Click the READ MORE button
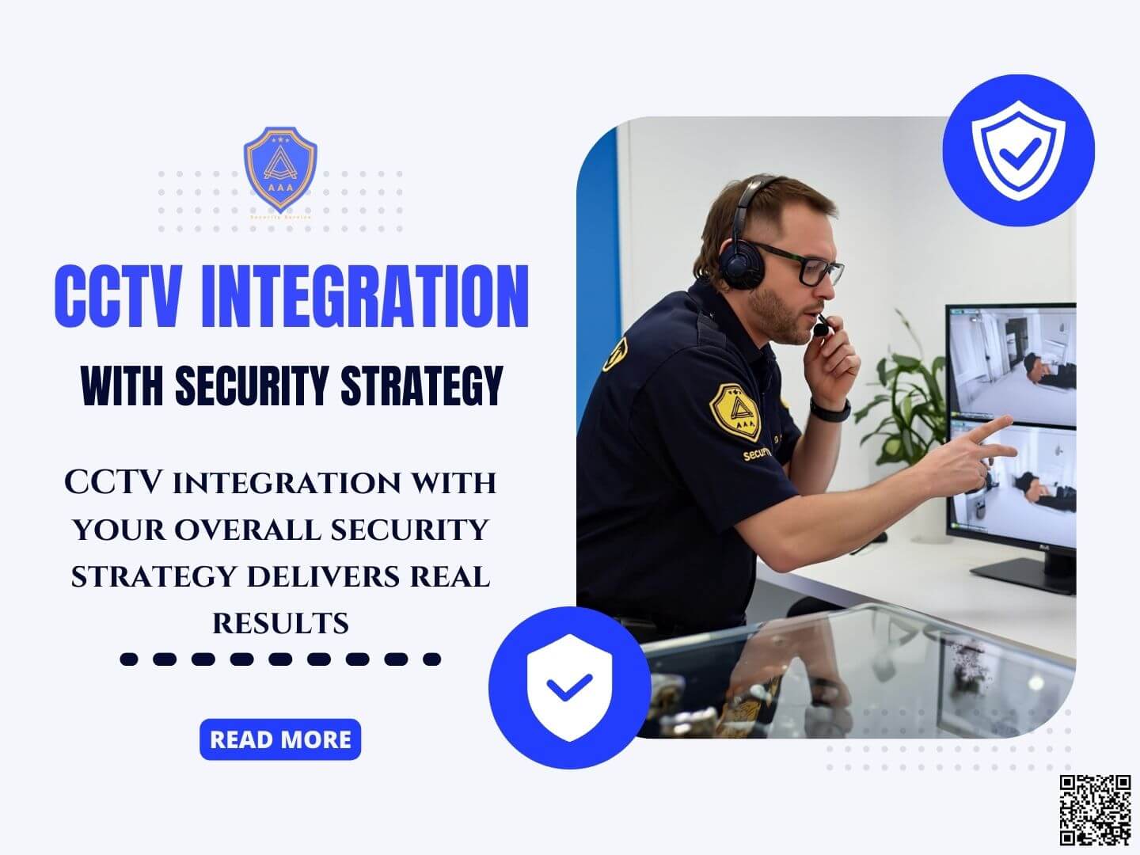tap(280, 739)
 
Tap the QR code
tap(1095, 809)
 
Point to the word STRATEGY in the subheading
tap(422, 386)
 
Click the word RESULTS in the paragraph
tap(280, 624)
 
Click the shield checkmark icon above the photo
tap(1018, 150)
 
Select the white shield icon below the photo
tap(569, 686)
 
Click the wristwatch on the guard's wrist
tap(831, 410)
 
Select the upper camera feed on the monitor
tap(1014, 367)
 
